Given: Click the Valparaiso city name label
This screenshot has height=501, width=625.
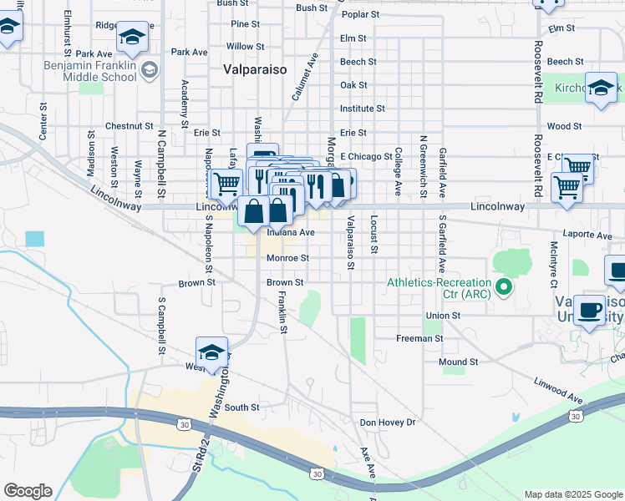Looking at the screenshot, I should point(252,70).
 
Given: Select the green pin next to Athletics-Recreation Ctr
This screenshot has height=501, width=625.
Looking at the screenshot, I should point(503,289).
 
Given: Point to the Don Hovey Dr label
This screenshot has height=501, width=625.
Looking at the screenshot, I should point(387,423).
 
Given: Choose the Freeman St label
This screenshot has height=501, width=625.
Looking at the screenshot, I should point(419,338).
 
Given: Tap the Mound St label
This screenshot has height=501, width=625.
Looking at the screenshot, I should point(458,362).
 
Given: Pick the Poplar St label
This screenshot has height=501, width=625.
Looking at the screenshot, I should point(360,15).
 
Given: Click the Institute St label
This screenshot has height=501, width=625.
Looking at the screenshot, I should point(362,109).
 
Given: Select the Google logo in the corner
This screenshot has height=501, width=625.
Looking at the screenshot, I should point(28,491).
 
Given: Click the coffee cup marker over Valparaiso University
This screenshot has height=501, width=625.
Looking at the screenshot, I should point(590,310).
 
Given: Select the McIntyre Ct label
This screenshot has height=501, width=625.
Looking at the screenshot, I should point(553,260).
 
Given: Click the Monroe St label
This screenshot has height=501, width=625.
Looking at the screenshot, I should point(287,259).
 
